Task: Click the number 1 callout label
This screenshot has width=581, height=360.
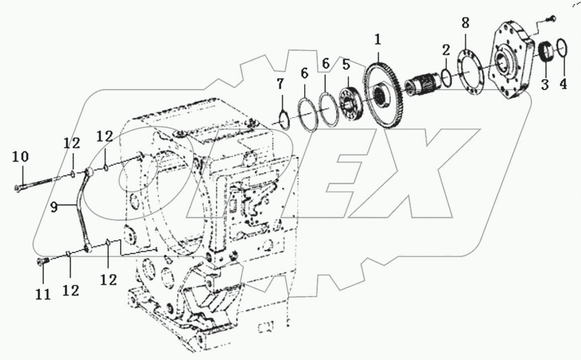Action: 378,39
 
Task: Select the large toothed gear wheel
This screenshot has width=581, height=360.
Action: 386,96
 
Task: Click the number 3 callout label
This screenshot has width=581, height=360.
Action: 544,83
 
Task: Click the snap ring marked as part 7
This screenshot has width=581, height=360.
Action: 282,120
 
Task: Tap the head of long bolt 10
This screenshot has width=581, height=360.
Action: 19,188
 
